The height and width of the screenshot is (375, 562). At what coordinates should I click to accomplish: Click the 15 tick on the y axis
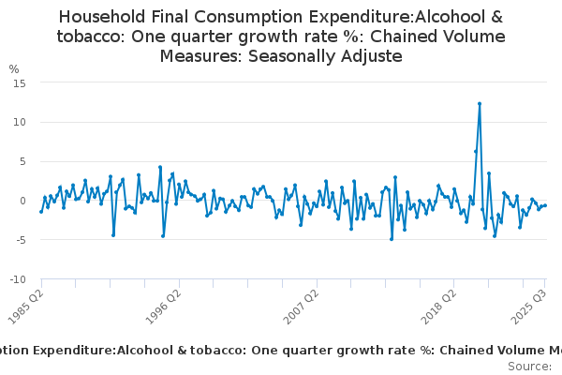tap(19, 82)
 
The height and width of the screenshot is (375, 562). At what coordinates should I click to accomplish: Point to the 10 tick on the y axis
tap(19, 122)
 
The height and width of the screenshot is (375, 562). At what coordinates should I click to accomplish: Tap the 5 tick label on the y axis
tap(22, 161)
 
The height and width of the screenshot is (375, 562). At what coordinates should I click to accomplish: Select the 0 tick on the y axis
tap(22, 201)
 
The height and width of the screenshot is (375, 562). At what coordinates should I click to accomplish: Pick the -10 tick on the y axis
tap(17, 279)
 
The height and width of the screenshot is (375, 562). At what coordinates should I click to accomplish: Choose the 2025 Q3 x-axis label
tap(531, 306)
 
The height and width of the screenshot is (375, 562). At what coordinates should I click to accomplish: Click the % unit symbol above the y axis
tap(14, 68)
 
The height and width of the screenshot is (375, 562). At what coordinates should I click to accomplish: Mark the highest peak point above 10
tap(480, 104)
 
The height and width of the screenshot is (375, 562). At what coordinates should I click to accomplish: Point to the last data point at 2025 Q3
tap(545, 205)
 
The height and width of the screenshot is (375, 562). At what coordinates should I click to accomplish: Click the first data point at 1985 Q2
tap(41, 212)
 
